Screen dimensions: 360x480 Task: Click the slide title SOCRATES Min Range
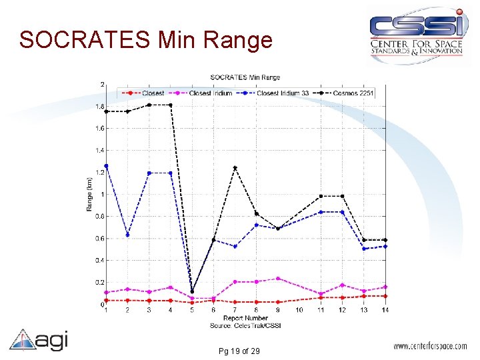pos(146,40)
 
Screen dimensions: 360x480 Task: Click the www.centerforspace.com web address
pos(431,347)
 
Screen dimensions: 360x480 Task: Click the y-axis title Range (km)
pos(89,194)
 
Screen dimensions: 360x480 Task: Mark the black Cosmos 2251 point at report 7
pos(235,168)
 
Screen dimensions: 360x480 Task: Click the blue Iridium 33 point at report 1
pos(106,166)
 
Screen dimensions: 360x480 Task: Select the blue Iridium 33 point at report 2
pos(127,235)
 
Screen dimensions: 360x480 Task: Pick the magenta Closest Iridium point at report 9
pos(278,279)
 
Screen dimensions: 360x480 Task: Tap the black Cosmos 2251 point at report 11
pos(321,196)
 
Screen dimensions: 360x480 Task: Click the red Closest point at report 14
pos(385,296)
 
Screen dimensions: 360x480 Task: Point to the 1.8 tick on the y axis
pos(100,107)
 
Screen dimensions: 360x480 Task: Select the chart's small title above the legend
pos(245,78)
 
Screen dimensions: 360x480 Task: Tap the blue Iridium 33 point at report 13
pos(364,249)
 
